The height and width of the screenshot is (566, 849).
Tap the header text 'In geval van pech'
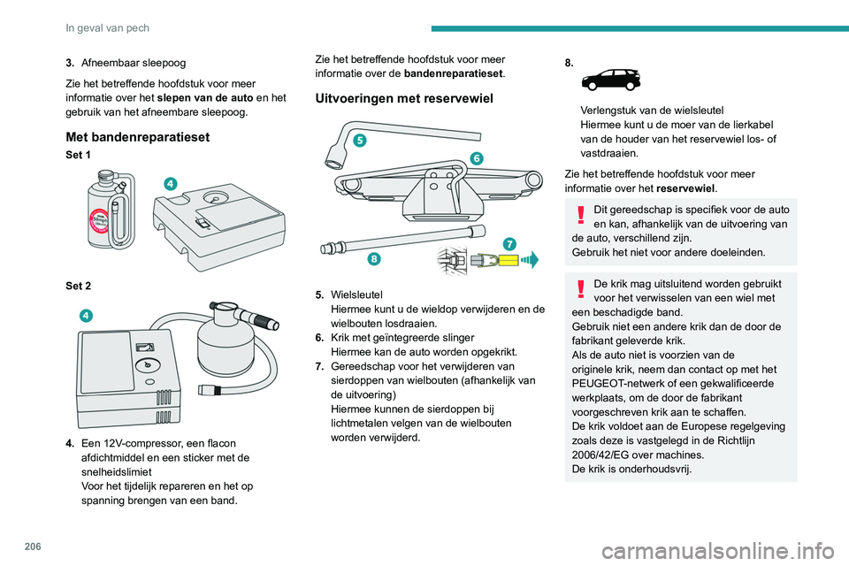[x=108, y=27]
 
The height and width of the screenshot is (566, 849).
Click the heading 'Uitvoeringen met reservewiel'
[x=404, y=99]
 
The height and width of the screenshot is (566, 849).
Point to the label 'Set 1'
[x=77, y=156]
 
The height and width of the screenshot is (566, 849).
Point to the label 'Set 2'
[x=77, y=286]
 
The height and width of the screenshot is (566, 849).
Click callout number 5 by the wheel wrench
[x=359, y=140]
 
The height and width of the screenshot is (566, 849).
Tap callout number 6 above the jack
[x=477, y=157]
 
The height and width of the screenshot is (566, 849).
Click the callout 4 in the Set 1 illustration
[x=169, y=183]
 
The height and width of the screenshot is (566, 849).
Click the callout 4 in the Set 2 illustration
[x=86, y=315]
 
